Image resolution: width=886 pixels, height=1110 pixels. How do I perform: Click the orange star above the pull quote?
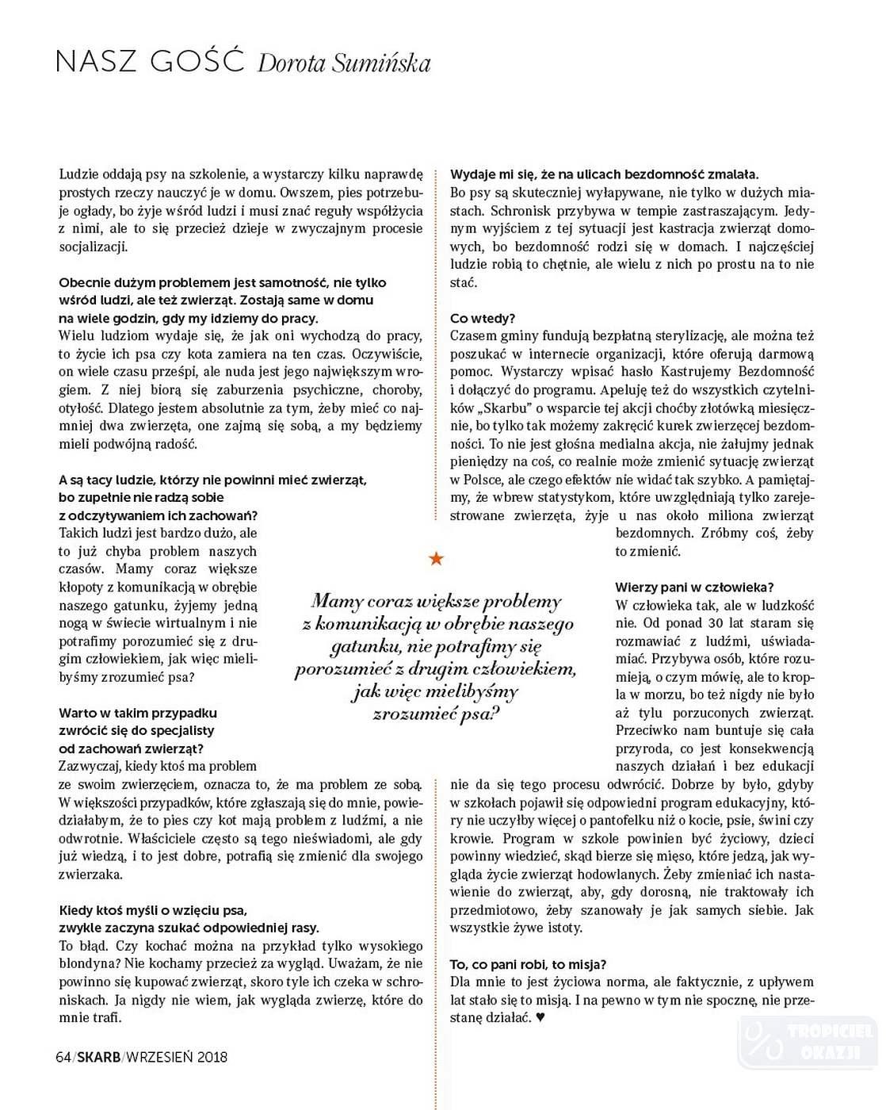click(x=436, y=559)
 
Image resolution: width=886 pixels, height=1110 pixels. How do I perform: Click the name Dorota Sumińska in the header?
click(x=344, y=63)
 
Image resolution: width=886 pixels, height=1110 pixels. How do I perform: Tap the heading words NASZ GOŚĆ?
click(x=150, y=61)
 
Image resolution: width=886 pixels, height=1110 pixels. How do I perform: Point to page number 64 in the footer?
click(x=63, y=1057)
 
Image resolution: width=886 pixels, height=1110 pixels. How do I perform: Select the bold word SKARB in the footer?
click(x=99, y=1057)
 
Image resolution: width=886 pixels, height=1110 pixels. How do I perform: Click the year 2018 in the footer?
click(x=212, y=1057)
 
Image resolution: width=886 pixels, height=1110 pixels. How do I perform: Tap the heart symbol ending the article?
click(x=540, y=1017)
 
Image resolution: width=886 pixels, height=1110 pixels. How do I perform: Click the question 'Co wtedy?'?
click(x=483, y=319)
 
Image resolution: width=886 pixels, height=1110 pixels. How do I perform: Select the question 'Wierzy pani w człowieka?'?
click(x=694, y=588)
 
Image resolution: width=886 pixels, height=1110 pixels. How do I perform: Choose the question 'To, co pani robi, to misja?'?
click(x=528, y=964)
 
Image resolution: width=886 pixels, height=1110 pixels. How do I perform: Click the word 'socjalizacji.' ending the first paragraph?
click(x=94, y=247)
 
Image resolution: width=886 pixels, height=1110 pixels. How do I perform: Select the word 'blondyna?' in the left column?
click(x=88, y=964)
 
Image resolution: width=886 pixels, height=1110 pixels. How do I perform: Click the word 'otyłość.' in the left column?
click(x=80, y=408)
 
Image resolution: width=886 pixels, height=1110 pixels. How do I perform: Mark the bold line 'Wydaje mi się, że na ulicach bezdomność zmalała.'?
click(x=605, y=174)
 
